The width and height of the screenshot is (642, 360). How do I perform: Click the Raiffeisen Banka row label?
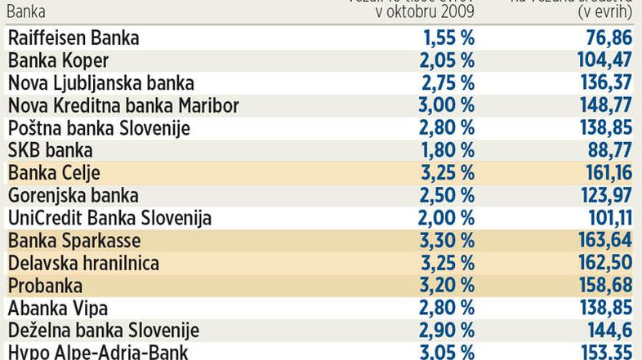(x=74, y=38)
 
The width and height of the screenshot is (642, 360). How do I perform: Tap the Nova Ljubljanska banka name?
(x=100, y=83)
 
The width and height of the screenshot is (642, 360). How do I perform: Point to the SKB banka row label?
(x=50, y=150)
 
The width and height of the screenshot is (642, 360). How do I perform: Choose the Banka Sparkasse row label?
(x=74, y=241)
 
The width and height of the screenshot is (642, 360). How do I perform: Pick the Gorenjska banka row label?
(x=73, y=195)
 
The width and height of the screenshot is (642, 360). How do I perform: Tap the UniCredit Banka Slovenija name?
(x=109, y=218)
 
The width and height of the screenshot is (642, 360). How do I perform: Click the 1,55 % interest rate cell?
(x=448, y=38)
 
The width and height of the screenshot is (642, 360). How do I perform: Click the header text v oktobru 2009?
(x=425, y=12)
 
